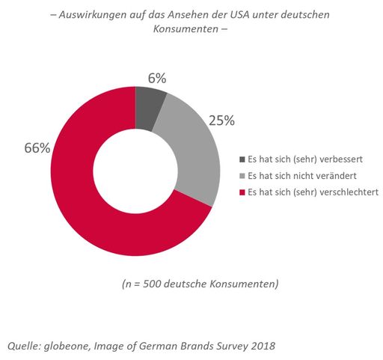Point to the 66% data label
point(37,148)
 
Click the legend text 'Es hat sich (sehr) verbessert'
point(300,159)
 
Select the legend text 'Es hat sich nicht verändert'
point(296,175)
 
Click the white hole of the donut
point(135,171)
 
